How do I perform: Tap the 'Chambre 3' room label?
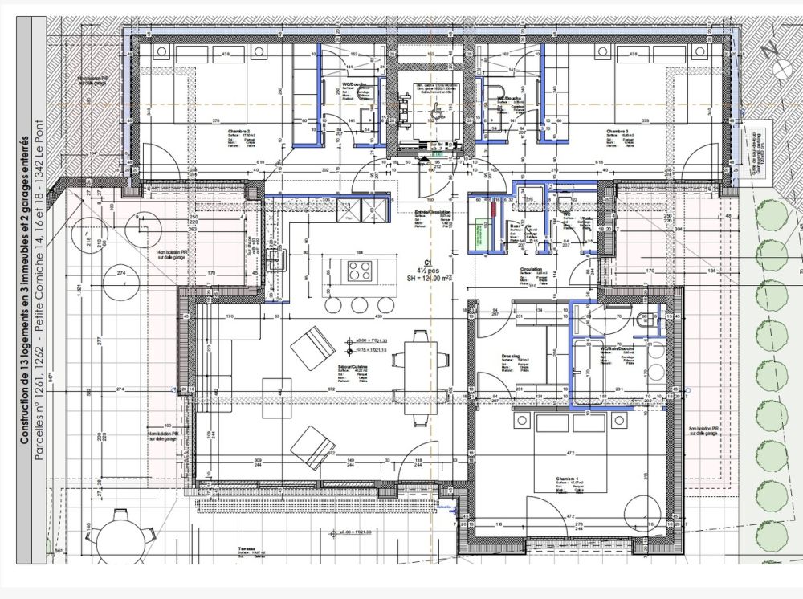pyautogui.click(x=618, y=130)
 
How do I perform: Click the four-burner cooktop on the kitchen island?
pyautogui.click(x=359, y=271)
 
